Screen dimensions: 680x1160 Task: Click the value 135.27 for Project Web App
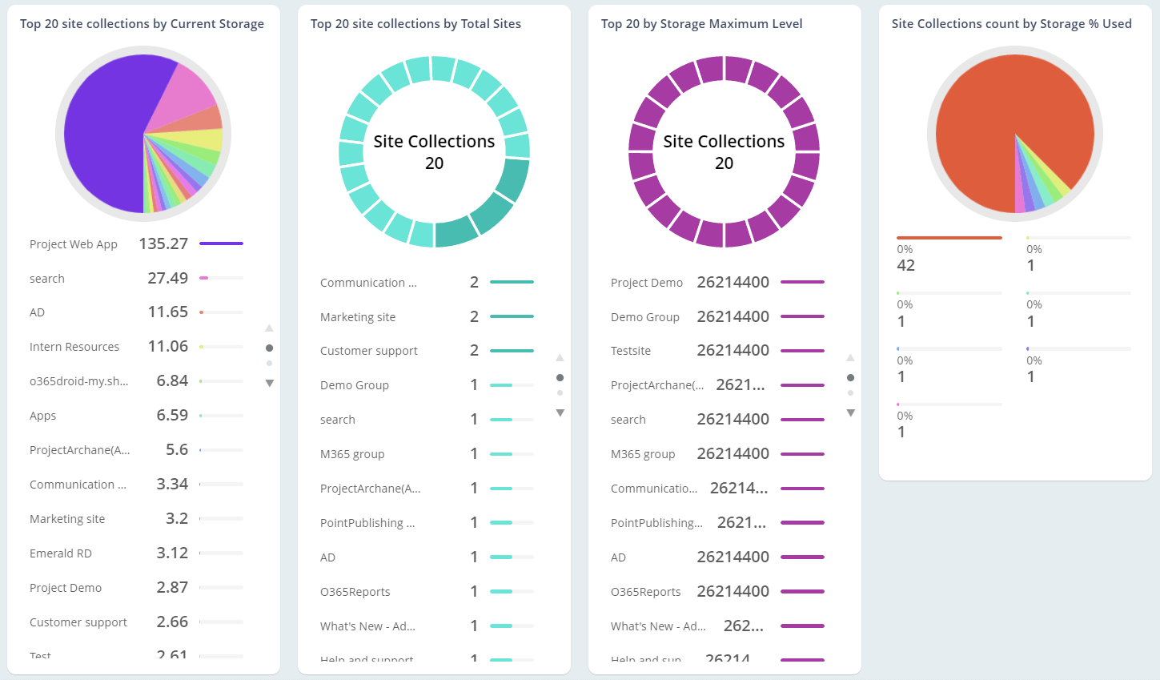pos(163,243)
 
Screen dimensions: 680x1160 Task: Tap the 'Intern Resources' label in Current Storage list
pos(74,347)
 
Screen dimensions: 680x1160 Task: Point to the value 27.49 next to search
pos(167,278)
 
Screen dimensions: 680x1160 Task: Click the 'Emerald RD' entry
pos(61,553)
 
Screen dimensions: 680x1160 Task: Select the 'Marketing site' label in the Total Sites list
pos(358,317)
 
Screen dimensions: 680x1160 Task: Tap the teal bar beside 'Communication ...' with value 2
pos(512,282)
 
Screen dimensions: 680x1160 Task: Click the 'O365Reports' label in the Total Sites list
pos(355,592)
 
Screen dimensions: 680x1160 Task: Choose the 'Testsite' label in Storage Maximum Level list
pos(631,351)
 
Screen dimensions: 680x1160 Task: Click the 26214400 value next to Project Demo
pos(733,282)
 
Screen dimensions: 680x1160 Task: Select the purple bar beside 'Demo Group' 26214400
pos(802,316)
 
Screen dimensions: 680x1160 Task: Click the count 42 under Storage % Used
pos(905,265)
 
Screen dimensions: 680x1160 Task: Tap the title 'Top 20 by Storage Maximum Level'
pos(701,24)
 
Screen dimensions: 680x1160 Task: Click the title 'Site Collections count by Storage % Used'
pos(1011,24)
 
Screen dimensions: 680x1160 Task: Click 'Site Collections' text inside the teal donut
pos(434,142)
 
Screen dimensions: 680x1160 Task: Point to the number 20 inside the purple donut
pos(724,163)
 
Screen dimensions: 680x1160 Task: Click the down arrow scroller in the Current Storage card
pos(270,384)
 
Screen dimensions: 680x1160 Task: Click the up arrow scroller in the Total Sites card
pos(560,357)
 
